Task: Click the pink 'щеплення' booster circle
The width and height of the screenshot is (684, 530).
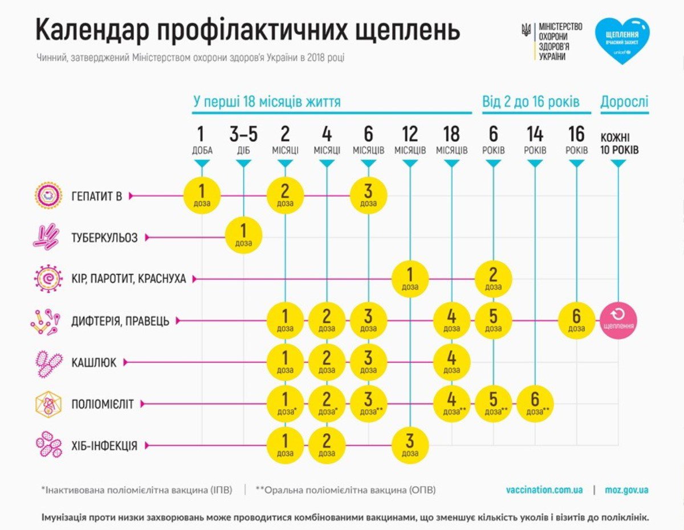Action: point(618,321)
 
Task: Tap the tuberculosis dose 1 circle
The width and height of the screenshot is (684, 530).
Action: point(243,235)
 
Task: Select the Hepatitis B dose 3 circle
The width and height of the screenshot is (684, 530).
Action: point(368,195)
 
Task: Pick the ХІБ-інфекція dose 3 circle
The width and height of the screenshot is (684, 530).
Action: point(410,445)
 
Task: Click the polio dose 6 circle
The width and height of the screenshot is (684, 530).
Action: point(535,404)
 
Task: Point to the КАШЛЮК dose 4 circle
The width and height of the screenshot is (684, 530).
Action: point(451,362)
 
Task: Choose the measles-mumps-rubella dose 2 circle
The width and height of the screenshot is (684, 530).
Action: point(493,279)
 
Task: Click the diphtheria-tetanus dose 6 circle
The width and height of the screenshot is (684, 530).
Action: point(576,321)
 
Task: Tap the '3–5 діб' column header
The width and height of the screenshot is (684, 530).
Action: point(243,140)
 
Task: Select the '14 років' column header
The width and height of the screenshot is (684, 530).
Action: point(535,140)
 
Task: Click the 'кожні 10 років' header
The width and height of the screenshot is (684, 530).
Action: point(619,144)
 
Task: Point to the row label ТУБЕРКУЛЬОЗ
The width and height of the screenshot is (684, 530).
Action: point(104,238)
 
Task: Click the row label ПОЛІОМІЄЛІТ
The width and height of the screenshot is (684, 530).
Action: point(103,404)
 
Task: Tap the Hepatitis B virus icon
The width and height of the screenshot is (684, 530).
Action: point(47,195)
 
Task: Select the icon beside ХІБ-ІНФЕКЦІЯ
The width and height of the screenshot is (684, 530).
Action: point(48,444)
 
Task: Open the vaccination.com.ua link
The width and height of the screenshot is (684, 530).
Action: point(544,490)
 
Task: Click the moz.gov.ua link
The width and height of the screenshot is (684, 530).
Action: point(626,490)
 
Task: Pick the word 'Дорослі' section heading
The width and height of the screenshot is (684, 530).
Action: point(624,101)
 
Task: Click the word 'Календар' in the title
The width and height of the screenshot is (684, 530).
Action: point(92,30)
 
